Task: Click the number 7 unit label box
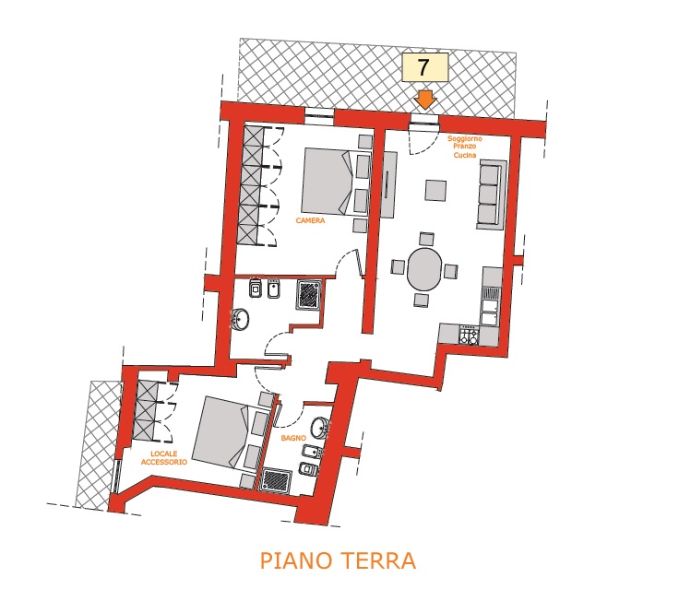(424, 67)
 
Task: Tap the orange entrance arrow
(425, 100)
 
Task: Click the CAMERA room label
(310, 220)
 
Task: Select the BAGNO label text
(293, 439)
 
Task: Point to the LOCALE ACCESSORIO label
(164, 458)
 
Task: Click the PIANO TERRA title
(338, 560)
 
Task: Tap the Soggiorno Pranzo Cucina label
(465, 147)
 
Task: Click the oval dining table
(424, 268)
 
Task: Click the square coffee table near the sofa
(435, 191)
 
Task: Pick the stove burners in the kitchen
(469, 335)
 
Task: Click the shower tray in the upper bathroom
(309, 295)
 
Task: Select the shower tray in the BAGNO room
(275, 479)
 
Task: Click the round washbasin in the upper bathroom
(241, 319)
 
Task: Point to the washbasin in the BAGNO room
(321, 428)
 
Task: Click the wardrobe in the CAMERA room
(250, 185)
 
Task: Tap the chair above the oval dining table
(426, 240)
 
